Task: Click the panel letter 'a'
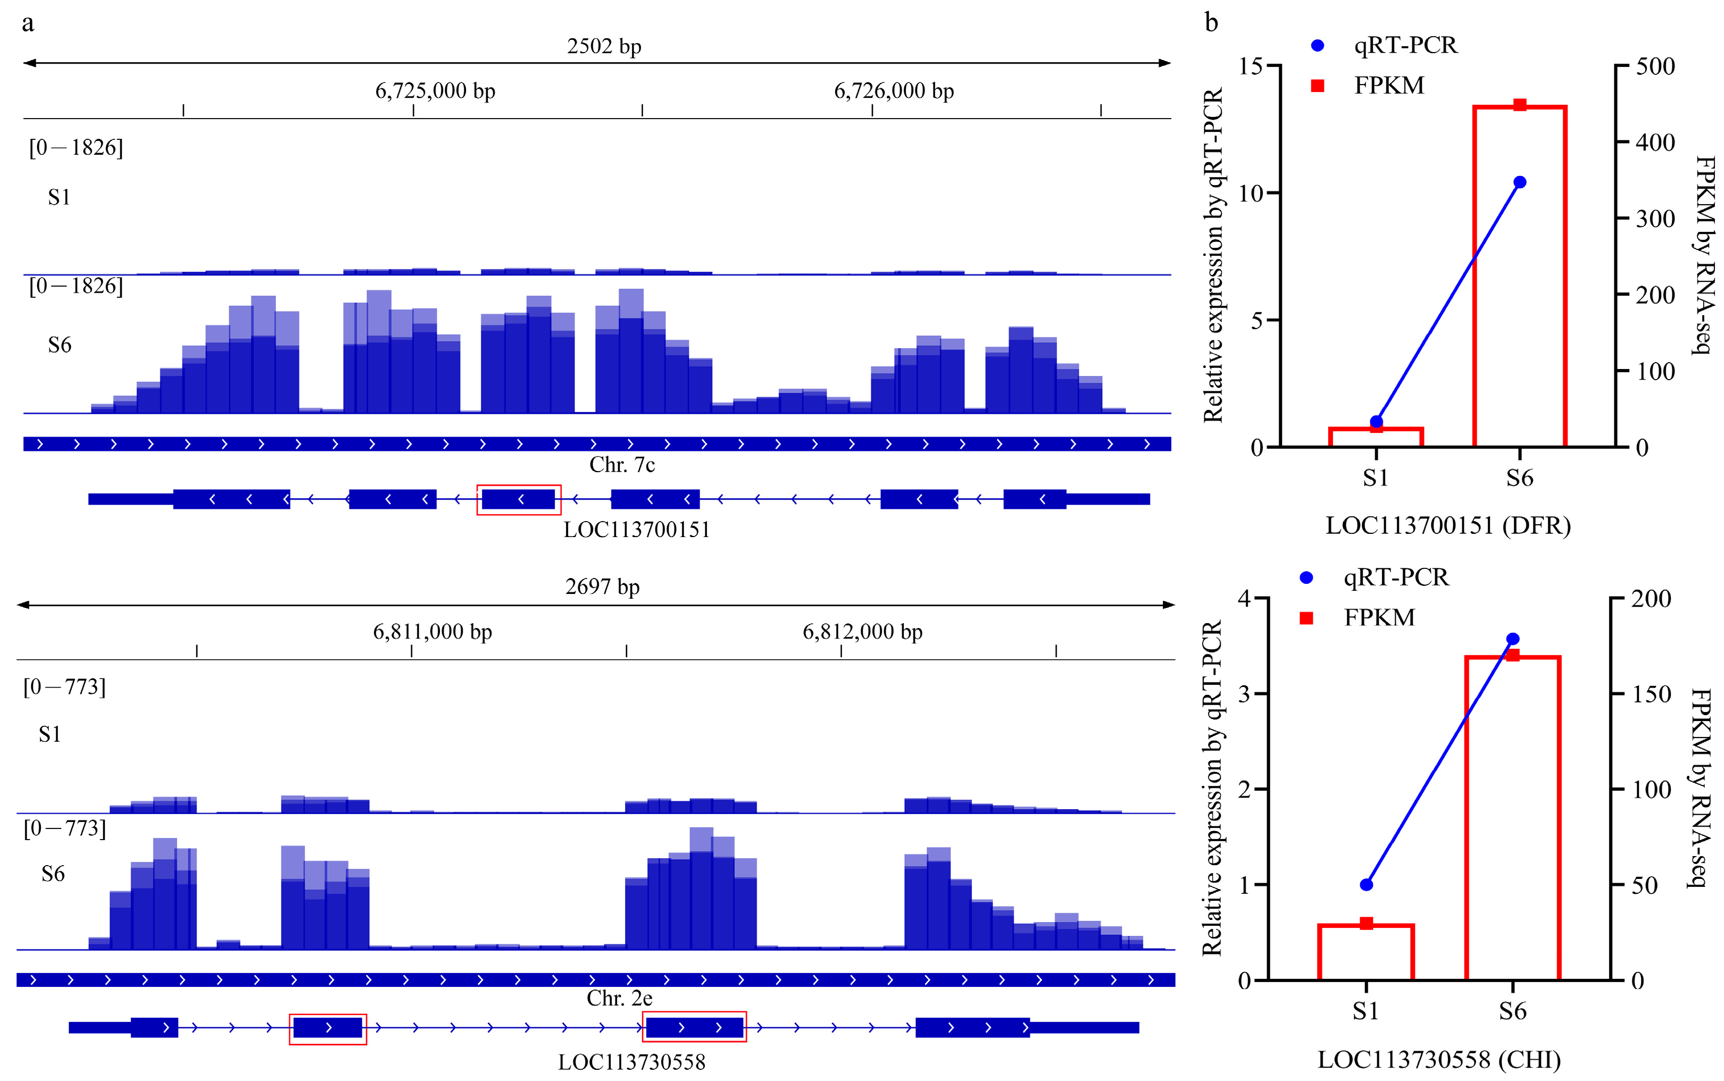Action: [x=28, y=23]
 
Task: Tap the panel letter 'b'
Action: [x=1211, y=23]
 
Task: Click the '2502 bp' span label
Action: [x=604, y=46]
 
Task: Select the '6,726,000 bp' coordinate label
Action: [x=893, y=91]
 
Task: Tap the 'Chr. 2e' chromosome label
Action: [x=619, y=998]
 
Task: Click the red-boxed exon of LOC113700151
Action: [x=519, y=499]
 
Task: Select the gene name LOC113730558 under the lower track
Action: [x=631, y=1062]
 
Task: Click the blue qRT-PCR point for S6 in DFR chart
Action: [x=1520, y=182]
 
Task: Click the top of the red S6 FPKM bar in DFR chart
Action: [x=1520, y=106]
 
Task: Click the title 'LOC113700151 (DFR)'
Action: [x=1447, y=526]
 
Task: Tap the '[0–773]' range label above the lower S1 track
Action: [x=64, y=687]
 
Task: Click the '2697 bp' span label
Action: [x=602, y=587]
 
